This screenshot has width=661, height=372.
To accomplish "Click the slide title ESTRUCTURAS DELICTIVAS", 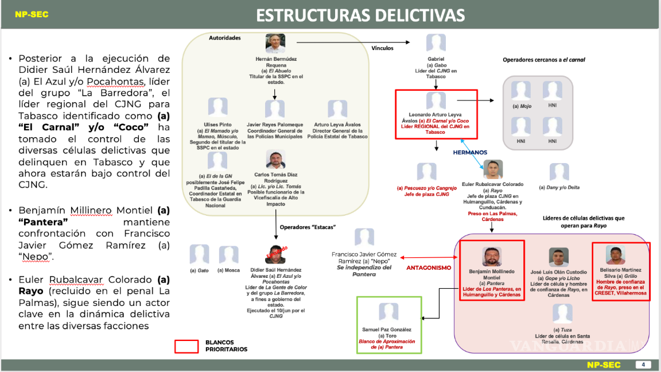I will click(360, 14).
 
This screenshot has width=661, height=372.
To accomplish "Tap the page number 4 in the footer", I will click(643, 365).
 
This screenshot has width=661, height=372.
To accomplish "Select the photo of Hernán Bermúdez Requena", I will click(275, 44).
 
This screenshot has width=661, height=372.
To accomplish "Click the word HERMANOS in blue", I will click(469, 153).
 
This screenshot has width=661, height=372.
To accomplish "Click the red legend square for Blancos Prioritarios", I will click(186, 346).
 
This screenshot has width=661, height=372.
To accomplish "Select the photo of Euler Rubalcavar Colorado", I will click(492, 169).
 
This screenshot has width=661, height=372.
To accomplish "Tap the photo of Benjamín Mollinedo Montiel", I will click(492, 257).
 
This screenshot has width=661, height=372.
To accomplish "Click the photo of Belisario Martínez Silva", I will click(615, 254).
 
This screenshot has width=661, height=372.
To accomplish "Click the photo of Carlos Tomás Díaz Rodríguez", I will click(275, 160).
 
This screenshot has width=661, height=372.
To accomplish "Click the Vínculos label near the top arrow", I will click(382, 48).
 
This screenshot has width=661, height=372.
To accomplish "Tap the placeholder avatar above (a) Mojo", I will click(521, 91).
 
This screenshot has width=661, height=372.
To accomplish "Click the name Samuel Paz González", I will click(387, 330).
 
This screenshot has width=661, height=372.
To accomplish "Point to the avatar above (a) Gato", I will click(199, 255).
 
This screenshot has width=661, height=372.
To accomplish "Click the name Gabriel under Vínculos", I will click(436, 59).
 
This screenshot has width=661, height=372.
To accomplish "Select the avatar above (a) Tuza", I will click(562, 314).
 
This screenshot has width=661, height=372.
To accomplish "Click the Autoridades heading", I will click(225, 38).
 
